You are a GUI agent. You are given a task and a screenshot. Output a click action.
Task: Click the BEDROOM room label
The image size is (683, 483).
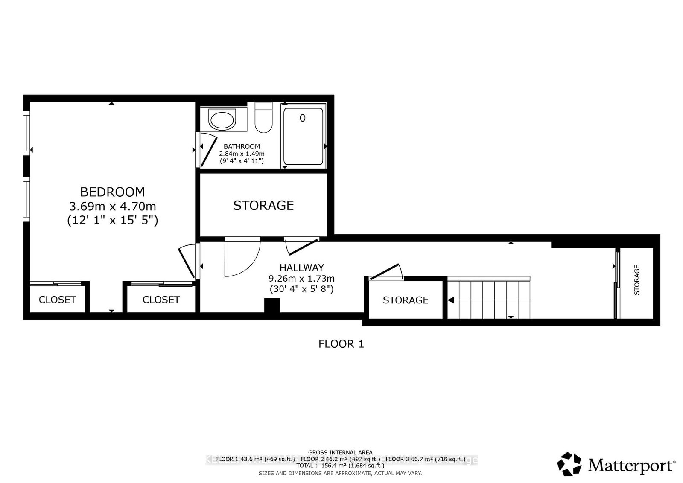(113, 192)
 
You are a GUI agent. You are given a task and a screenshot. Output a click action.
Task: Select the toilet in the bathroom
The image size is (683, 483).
(263, 119)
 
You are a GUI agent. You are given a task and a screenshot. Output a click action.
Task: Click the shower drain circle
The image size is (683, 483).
(303, 118)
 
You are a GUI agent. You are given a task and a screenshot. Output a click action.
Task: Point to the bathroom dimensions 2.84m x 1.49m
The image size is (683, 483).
(242, 154)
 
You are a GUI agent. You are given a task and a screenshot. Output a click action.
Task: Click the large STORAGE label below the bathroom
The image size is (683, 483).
(263, 206)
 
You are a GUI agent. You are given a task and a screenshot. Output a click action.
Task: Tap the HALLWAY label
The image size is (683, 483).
(301, 268)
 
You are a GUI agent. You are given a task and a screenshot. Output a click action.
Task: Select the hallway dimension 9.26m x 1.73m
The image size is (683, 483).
(301, 279)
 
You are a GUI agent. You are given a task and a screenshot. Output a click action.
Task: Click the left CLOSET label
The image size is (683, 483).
(57, 300)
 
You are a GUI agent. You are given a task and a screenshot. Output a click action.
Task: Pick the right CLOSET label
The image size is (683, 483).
(161, 300)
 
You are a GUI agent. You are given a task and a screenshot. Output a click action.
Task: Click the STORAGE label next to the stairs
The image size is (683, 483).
(405, 300)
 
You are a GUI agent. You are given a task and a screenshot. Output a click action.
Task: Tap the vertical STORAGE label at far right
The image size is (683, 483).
(637, 280)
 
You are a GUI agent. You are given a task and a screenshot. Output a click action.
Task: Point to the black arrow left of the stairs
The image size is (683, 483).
(450, 300)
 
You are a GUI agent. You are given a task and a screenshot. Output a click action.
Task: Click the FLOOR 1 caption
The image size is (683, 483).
(341, 344)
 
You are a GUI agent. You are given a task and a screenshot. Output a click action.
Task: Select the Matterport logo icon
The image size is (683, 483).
(569, 464)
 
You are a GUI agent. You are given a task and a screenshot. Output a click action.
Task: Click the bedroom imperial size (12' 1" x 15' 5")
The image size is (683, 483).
(113, 221)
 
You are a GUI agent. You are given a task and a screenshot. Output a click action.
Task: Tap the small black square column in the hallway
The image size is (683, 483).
(272, 306)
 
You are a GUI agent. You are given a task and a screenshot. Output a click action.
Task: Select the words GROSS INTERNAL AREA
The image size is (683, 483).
(340, 452)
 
